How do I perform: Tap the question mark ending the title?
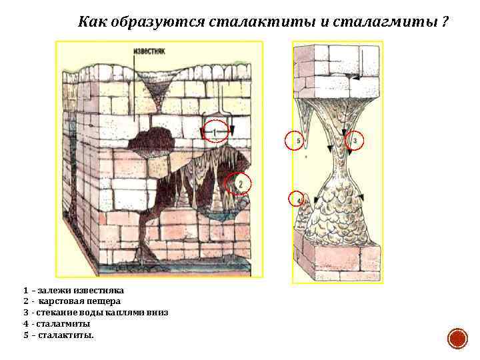(x=444, y=22)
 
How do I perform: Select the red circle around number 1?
(x=216, y=132)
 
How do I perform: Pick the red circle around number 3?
(x=355, y=141)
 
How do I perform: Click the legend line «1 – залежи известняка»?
(x=73, y=290)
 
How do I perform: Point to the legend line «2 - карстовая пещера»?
(x=72, y=301)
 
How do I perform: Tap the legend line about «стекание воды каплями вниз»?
(x=95, y=312)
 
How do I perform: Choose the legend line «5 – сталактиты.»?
(x=59, y=335)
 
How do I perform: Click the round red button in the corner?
(x=457, y=339)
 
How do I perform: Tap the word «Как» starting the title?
(x=90, y=22)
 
